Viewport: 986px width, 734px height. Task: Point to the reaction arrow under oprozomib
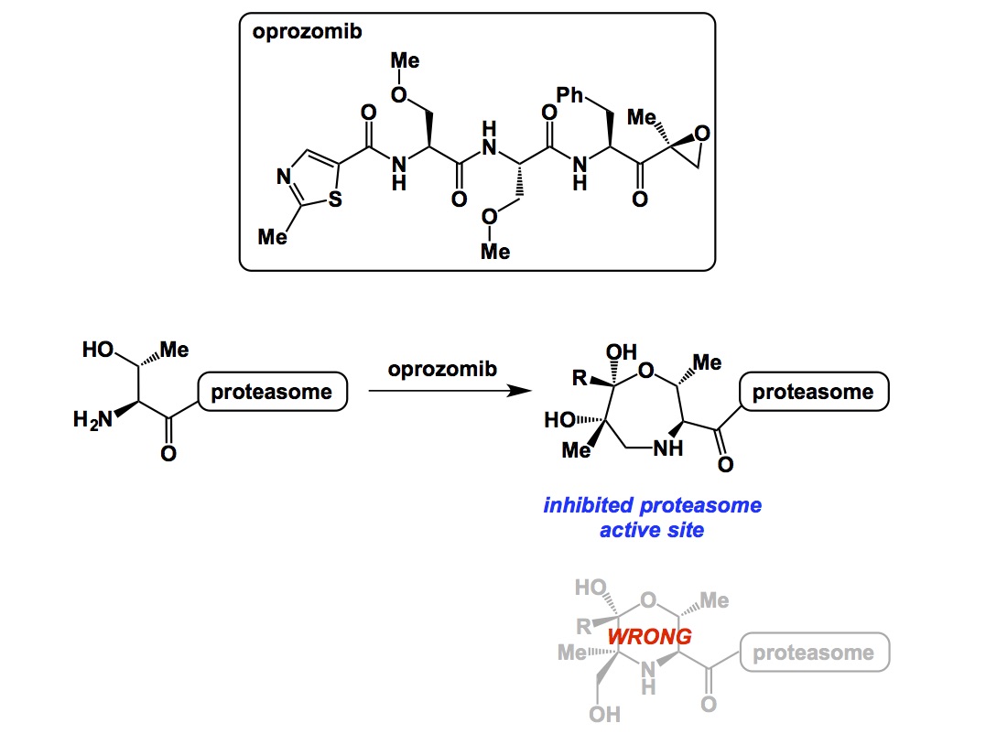pos(449,392)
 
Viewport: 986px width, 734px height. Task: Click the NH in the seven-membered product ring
pos(668,448)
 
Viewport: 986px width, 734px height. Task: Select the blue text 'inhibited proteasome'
pos(652,505)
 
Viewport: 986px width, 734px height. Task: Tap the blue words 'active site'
pos(652,529)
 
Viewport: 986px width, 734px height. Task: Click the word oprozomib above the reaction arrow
pos(443,370)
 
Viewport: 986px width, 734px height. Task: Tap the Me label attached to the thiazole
pos(272,237)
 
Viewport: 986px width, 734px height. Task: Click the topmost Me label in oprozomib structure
pos(405,61)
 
